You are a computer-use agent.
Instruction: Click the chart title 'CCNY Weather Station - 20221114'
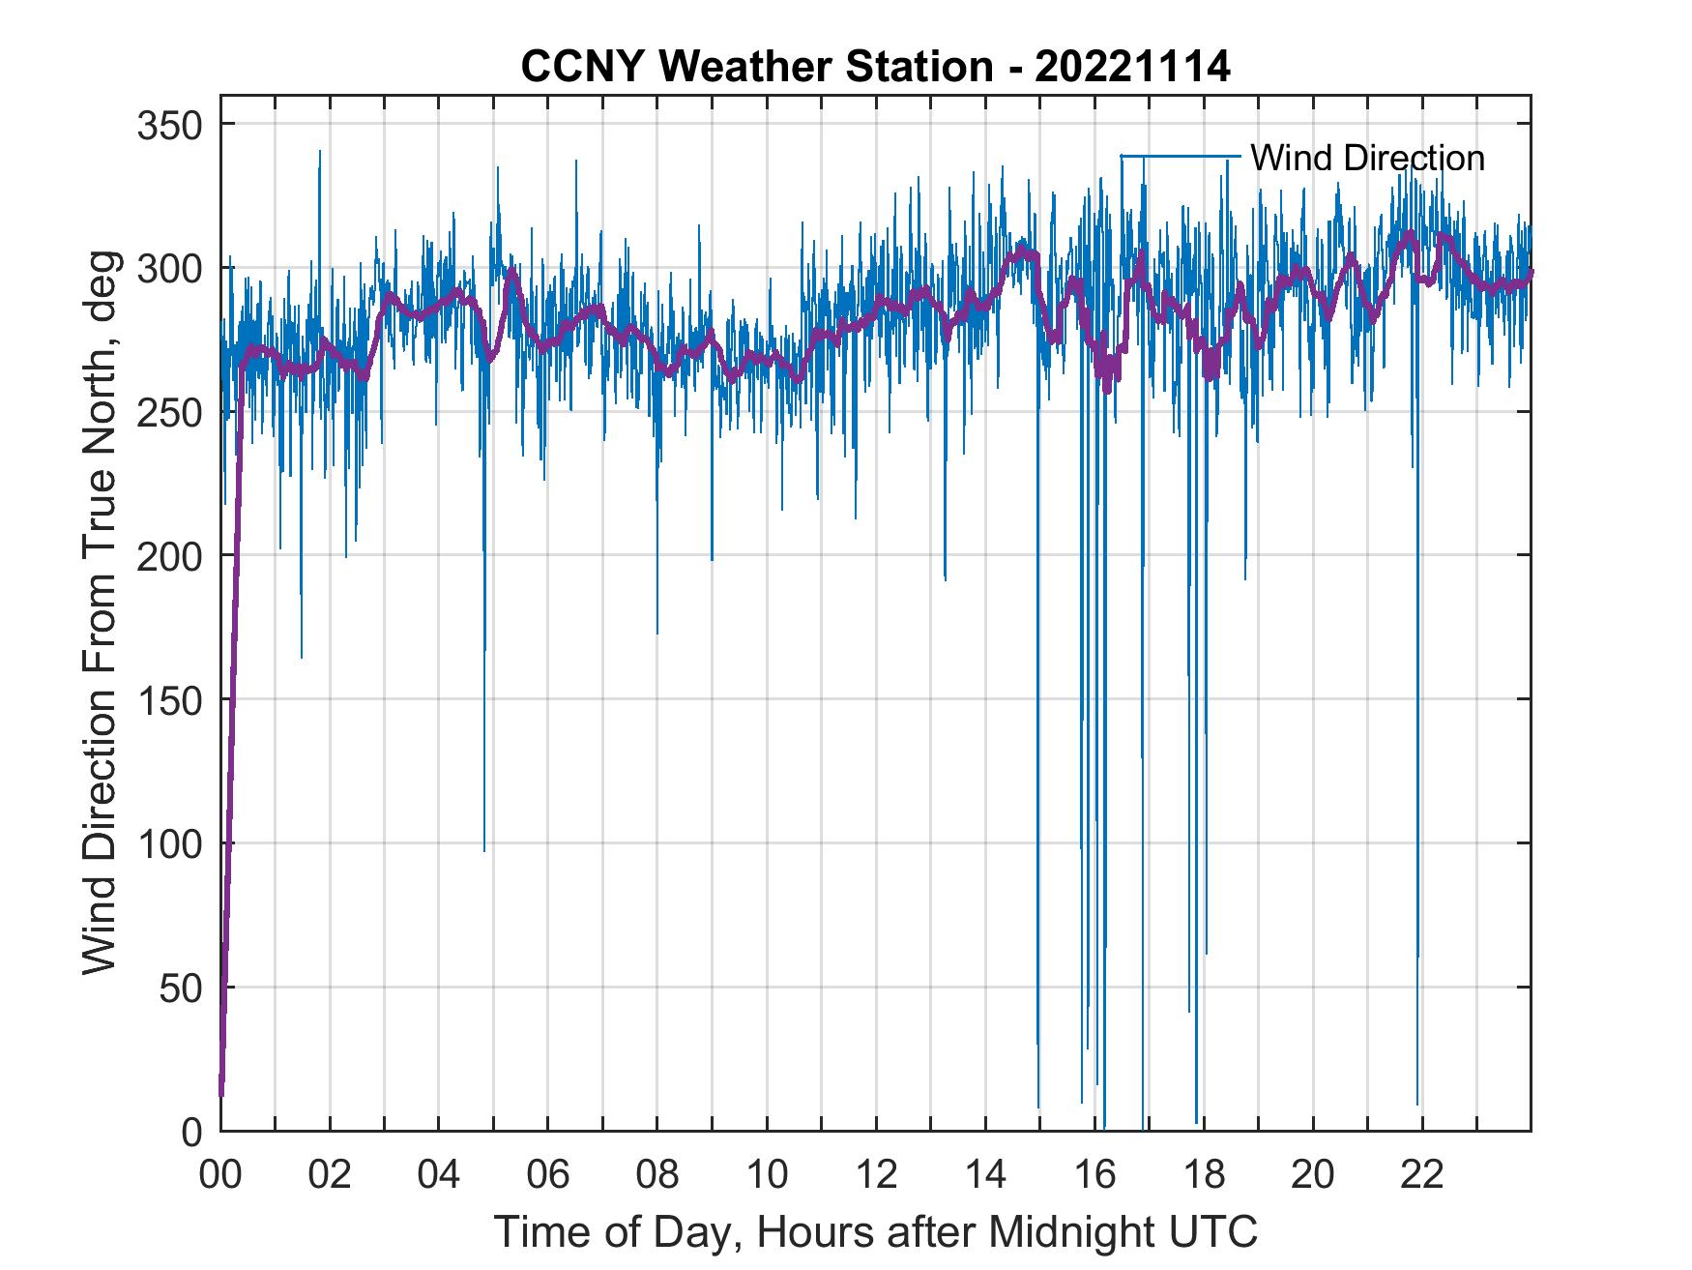[x=875, y=66]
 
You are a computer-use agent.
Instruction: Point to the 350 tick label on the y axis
[x=171, y=125]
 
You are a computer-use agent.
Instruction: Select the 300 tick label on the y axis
[x=171, y=268]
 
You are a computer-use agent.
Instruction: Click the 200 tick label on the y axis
[x=171, y=556]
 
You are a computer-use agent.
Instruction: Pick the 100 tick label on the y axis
[x=171, y=843]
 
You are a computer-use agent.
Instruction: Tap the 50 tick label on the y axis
[x=183, y=988]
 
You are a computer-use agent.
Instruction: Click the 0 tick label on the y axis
[x=193, y=1131]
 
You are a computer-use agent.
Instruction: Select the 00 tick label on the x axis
[x=220, y=1175]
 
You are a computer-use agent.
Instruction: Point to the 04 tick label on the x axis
[x=439, y=1175]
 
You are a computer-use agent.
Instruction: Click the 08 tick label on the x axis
[x=657, y=1175]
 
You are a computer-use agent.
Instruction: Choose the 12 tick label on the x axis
[x=876, y=1175]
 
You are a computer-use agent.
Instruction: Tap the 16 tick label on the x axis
[x=1094, y=1175]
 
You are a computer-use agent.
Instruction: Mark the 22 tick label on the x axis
[x=1422, y=1175]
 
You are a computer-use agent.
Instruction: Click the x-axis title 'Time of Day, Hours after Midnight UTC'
[x=875, y=1231]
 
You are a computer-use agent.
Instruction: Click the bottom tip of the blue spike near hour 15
[x=1038, y=1107]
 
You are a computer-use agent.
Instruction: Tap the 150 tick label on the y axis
[x=171, y=699]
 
